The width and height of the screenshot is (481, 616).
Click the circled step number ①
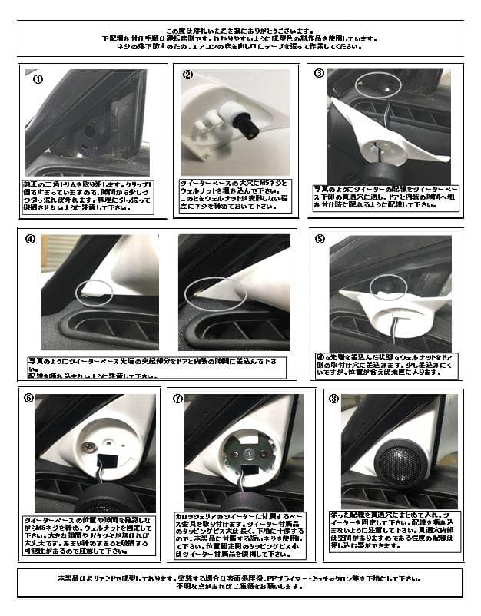click(x=37, y=78)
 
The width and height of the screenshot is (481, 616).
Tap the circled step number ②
click(x=188, y=75)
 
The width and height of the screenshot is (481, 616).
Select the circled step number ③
click(x=320, y=73)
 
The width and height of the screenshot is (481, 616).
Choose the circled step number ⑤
click(x=320, y=238)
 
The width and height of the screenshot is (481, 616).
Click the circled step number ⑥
click(x=29, y=399)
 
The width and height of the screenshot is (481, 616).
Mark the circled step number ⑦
click(x=178, y=399)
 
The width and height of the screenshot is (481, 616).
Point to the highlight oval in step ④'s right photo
click(x=217, y=294)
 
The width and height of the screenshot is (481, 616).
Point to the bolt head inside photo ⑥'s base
click(x=91, y=445)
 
